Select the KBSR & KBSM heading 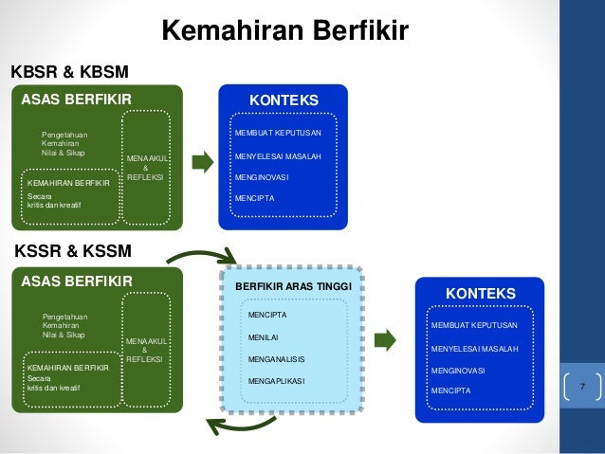point(68,72)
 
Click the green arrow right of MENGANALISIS point(385,339)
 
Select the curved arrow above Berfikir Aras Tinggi point(203,256)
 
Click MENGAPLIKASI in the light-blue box point(276,383)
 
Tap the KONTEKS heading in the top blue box point(283,100)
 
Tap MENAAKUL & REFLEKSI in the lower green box point(145,350)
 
